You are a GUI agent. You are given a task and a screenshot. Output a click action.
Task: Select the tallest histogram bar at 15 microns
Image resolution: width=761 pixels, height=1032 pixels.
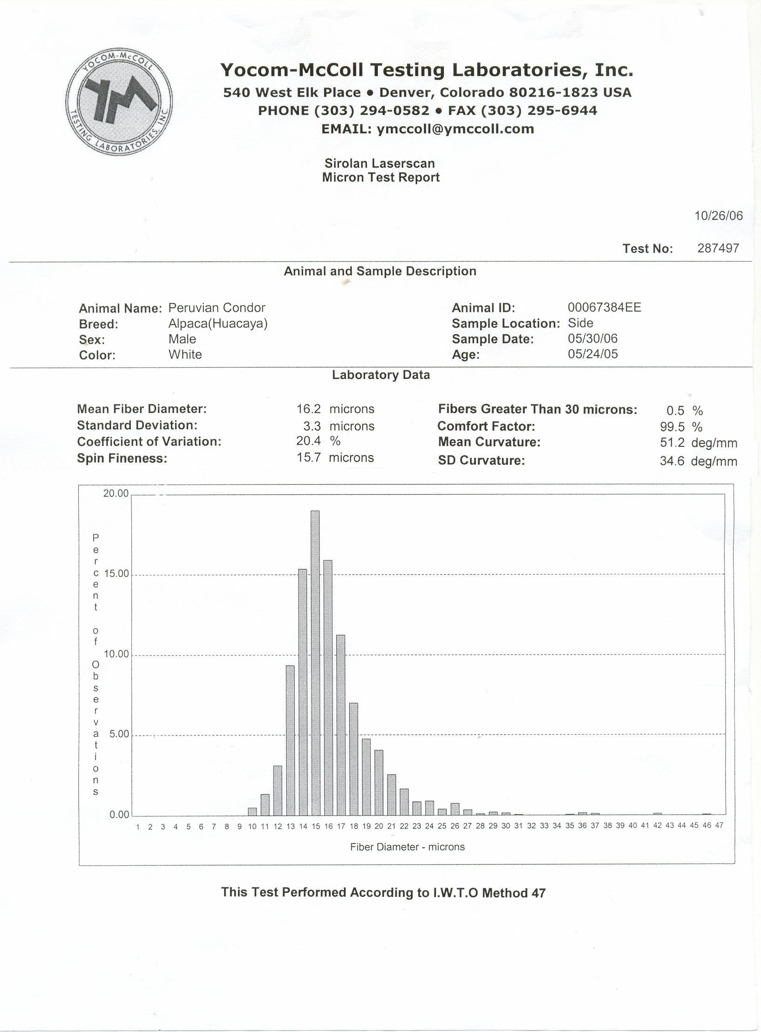click(315, 663)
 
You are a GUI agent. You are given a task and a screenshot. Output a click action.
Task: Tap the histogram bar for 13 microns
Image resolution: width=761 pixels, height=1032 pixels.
click(290, 740)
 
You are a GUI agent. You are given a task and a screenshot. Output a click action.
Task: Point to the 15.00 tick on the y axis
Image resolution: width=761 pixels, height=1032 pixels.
click(116, 574)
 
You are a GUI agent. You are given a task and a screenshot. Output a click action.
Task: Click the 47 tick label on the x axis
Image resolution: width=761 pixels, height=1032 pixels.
click(719, 825)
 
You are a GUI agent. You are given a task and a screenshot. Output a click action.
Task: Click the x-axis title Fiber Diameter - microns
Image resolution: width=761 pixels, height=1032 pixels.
click(408, 847)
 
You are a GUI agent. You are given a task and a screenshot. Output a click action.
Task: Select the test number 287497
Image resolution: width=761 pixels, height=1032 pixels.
click(718, 248)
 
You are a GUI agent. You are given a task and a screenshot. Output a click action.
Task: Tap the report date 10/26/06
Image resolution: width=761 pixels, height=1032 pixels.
click(719, 216)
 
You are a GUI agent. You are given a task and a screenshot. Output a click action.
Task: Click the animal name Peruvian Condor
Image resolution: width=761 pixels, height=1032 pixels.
click(217, 308)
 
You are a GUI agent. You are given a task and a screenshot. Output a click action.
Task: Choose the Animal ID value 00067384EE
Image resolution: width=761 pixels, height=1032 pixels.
click(604, 307)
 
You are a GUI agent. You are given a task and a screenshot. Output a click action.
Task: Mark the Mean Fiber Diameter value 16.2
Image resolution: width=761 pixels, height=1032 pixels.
click(309, 409)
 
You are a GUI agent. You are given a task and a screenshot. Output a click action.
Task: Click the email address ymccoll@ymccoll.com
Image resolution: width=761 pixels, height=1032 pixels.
click(455, 129)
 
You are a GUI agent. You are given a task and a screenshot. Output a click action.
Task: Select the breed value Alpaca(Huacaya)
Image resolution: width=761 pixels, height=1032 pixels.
click(218, 324)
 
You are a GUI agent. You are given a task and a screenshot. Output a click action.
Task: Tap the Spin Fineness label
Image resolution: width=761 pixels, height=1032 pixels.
click(122, 459)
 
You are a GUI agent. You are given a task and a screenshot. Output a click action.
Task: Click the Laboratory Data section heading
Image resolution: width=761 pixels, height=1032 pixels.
click(380, 375)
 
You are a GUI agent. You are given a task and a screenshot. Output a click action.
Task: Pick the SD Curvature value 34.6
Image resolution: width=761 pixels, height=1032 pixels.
click(672, 461)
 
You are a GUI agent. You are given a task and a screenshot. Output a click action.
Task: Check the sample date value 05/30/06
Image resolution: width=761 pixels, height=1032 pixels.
click(593, 338)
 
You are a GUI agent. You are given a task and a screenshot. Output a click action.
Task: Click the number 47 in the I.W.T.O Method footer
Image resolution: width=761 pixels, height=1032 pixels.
click(538, 893)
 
